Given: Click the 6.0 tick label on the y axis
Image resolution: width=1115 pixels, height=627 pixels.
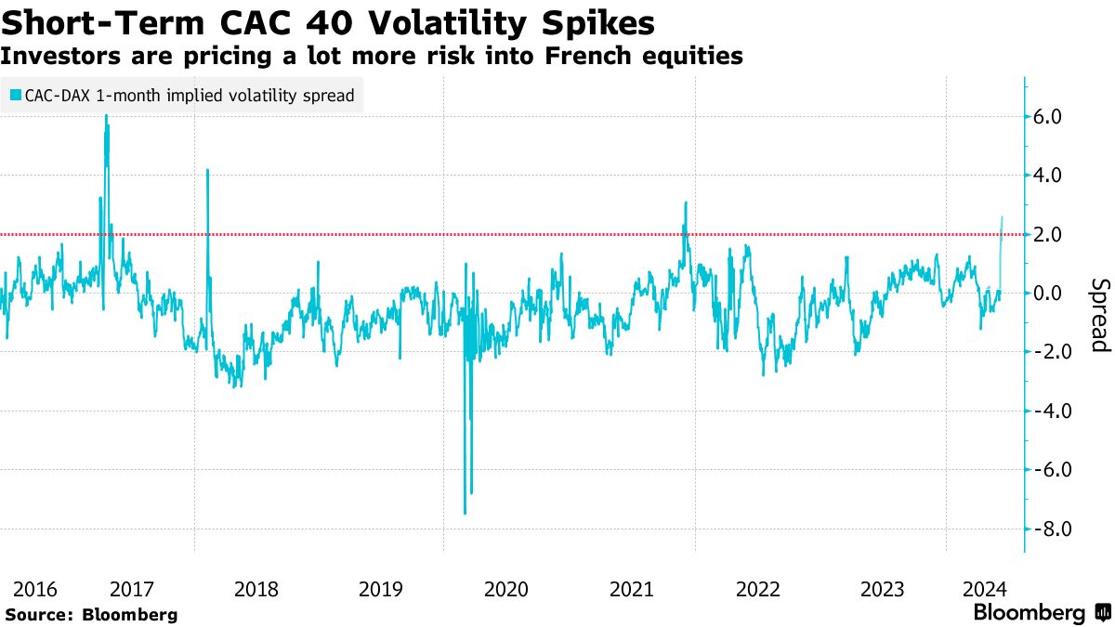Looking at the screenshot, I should tap(1056, 116).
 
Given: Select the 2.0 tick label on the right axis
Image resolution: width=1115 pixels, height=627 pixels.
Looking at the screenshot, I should tap(1056, 234).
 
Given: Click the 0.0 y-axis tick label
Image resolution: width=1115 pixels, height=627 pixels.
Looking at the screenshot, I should tap(1056, 294).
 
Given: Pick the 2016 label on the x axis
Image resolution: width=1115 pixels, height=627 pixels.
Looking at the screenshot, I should tap(35, 589).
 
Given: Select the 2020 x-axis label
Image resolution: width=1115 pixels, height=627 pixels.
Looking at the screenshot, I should tap(505, 589).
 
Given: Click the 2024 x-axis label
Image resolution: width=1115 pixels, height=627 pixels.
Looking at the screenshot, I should tap(984, 589).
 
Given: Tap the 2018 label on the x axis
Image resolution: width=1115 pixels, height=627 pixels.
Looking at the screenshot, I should tap(256, 589).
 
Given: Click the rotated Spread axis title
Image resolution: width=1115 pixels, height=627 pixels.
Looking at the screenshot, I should tap(1100, 316).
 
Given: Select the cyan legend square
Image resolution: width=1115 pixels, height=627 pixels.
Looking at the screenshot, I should tap(16, 95).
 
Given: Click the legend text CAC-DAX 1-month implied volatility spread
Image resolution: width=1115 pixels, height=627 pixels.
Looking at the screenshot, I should tap(189, 95).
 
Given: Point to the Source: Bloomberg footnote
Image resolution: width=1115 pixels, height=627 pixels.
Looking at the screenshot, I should tap(91, 614).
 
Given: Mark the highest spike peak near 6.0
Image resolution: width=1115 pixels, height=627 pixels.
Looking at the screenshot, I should tap(106, 115).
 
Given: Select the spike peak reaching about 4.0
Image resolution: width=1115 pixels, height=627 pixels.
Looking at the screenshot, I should tap(207, 170).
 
